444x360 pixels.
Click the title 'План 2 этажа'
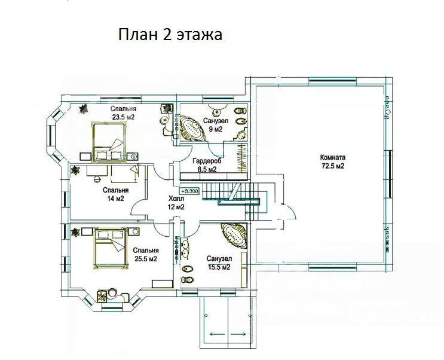pyautogui.click(x=170, y=35)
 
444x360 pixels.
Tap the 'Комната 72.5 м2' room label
pyautogui.click(x=332, y=161)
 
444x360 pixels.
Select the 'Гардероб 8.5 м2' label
pyautogui.click(x=207, y=165)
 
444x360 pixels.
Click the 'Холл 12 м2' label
pyautogui.click(x=176, y=203)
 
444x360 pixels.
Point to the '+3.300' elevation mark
pyautogui.click(x=189, y=191)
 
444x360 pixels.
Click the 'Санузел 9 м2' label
pyautogui.click(x=216, y=125)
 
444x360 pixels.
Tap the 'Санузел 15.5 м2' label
pyautogui.click(x=219, y=263)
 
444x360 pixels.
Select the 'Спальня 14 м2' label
pyautogui.click(x=115, y=194)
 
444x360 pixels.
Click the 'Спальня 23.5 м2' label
pyautogui.click(x=124, y=113)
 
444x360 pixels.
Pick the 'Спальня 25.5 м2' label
pyautogui.click(x=146, y=255)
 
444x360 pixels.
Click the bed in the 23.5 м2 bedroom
pyautogui.click(x=109, y=142)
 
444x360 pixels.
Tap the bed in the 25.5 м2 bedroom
pyautogui.click(x=110, y=248)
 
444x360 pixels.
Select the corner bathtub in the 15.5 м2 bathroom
pyautogui.click(x=235, y=235)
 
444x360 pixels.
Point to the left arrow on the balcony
pyautogui.click(x=218, y=334)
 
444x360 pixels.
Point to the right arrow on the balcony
pyautogui.click(x=238, y=334)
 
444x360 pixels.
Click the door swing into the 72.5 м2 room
pyautogui.click(x=289, y=211)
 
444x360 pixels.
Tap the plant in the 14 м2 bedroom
pyautogui.click(x=75, y=170)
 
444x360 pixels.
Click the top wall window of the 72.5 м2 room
pyautogui.click(x=332, y=81)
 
